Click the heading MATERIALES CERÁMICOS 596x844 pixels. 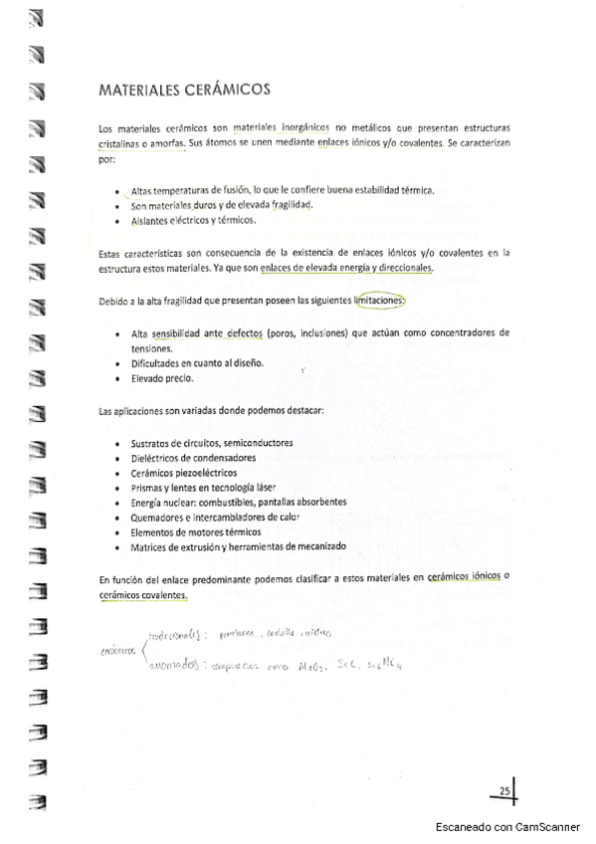tap(184, 90)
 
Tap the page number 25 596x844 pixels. tap(504, 791)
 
